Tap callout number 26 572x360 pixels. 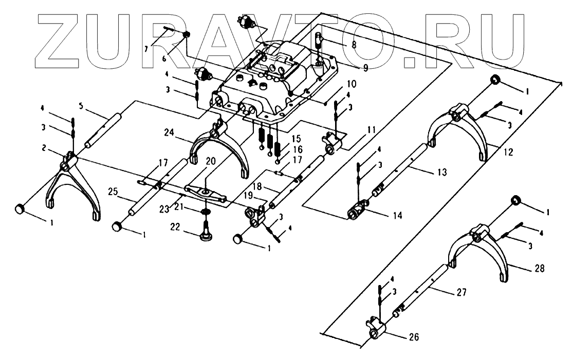point(414,337)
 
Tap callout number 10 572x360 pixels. point(337,84)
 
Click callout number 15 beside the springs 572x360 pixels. point(296,139)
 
